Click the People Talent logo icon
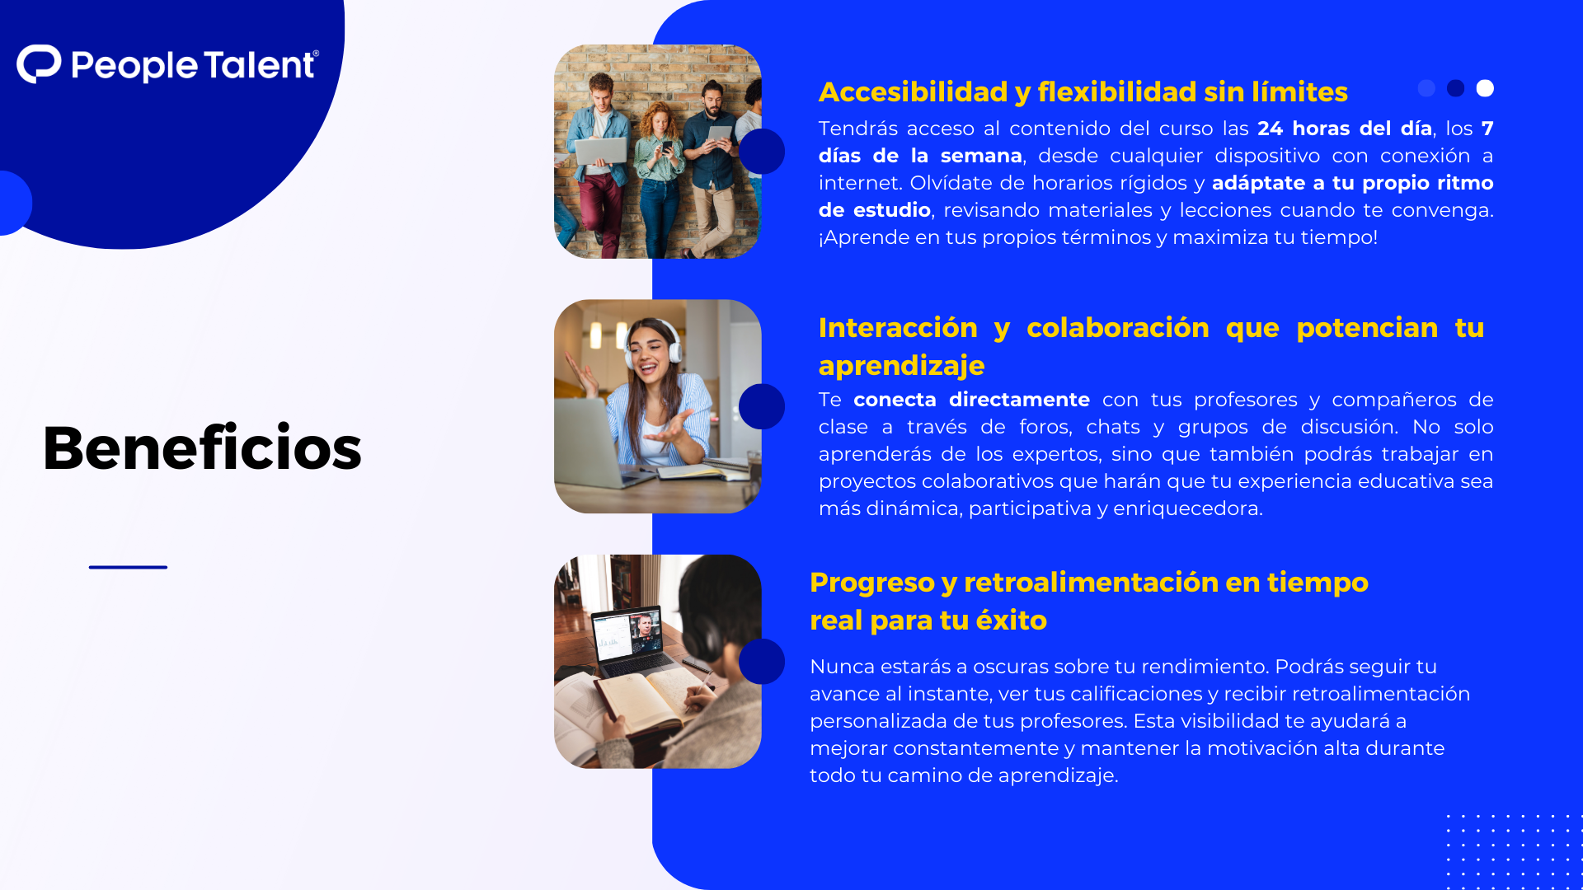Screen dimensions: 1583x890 click(x=39, y=64)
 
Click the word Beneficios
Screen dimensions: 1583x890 click(x=202, y=448)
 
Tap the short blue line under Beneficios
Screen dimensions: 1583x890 click(x=128, y=567)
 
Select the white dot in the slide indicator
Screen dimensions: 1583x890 click(x=1485, y=88)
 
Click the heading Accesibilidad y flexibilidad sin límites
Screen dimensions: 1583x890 click(x=1083, y=91)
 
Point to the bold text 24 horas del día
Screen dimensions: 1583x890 click(x=1344, y=129)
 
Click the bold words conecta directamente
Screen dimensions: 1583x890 click(x=971, y=400)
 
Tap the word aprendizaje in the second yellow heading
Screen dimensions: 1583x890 click(x=901, y=366)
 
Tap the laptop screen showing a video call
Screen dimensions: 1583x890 click(x=627, y=635)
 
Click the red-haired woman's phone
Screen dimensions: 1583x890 click(x=666, y=146)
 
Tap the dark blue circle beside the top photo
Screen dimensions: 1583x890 click(x=761, y=151)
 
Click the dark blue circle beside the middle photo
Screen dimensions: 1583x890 click(x=761, y=406)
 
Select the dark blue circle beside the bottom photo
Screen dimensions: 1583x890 click(x=761, y=661)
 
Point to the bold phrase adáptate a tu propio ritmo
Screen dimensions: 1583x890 click(x=1352, y=183)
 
